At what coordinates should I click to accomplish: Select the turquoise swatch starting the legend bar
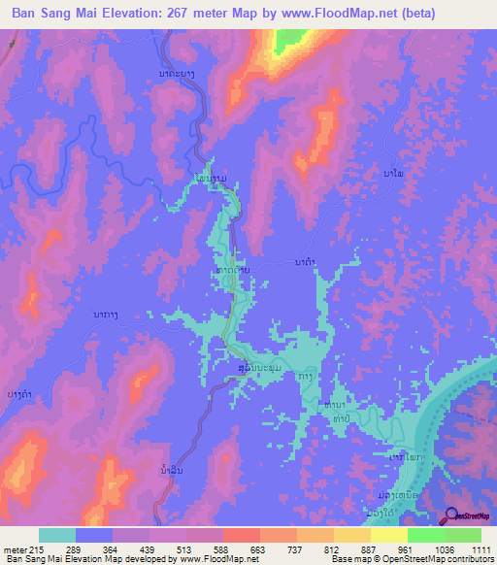(x=57, y=535)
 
